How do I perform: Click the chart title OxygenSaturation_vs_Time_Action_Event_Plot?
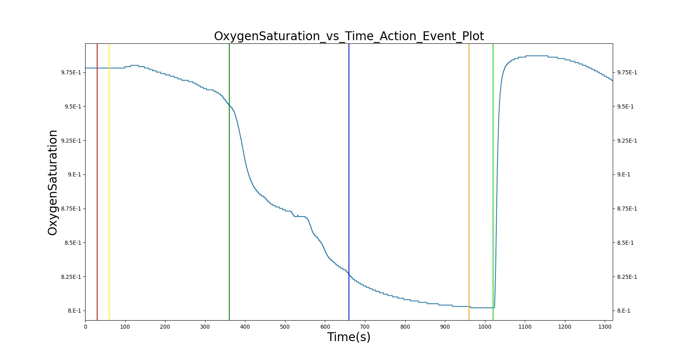point(349,36)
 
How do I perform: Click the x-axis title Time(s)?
point(349,337)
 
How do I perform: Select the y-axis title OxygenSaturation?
point(52,182)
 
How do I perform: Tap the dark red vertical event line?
point(97,182)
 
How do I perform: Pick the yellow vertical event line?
point(109,182)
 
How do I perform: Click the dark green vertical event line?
point(229,182)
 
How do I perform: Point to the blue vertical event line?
point(349,182)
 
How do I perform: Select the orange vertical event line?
point(469,182)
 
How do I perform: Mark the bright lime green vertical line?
point(493,182)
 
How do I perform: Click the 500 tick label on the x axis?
point(285,327)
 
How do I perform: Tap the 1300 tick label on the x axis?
point(605,327)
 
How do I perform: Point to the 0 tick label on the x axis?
point(86,327)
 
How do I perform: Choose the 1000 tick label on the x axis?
point(485,327)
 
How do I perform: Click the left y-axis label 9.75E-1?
point(71,72)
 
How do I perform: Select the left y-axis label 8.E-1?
point(75,311)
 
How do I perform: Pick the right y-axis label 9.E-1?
point(624,174)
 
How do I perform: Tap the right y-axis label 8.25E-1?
point(627,276)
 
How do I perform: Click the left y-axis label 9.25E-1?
point(71,141)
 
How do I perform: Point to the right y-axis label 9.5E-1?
point(625,106)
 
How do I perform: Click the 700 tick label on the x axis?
point(365,327)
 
